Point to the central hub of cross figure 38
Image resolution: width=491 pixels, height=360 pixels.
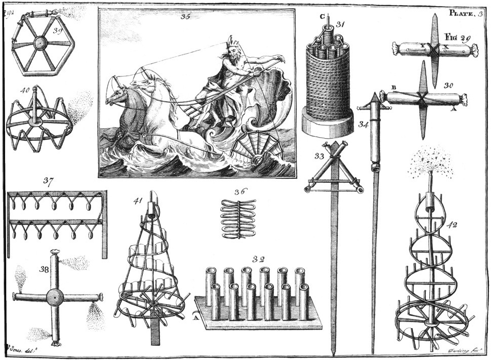[55, 297]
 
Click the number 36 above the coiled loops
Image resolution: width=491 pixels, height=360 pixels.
[239, 192]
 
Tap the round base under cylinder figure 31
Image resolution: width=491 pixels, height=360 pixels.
[327, 123]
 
